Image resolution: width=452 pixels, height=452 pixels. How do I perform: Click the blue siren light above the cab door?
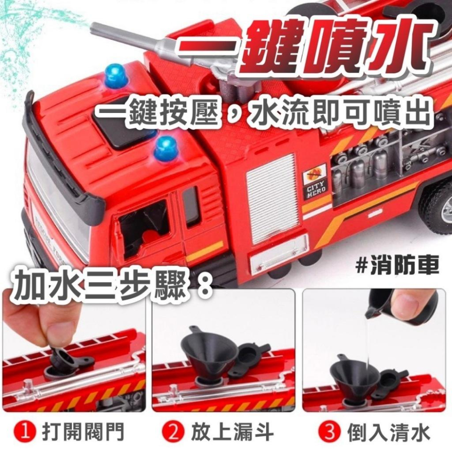(x=165, y=149)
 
